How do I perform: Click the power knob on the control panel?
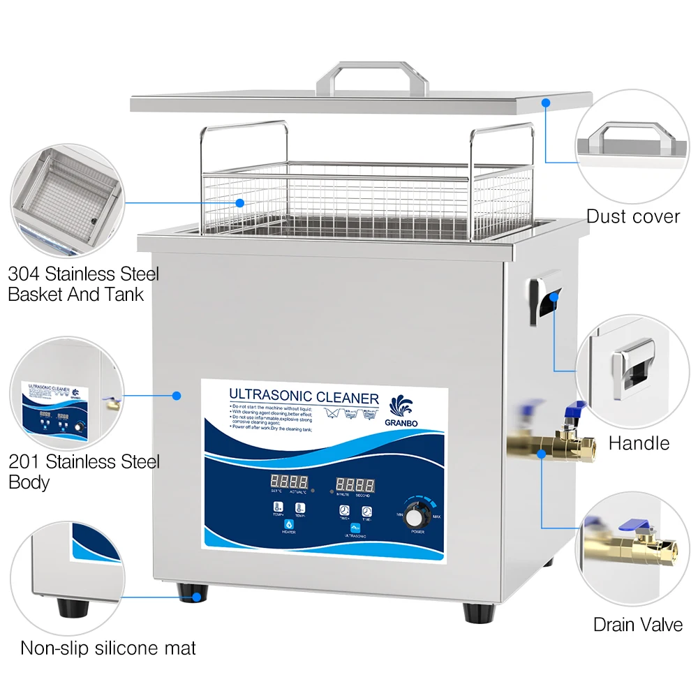coord(417,517)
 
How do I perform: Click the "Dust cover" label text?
coord(632,216)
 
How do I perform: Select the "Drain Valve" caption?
coord(637,624)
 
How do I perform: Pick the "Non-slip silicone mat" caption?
coord(108,648)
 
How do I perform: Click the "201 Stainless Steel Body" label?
coord(84,472)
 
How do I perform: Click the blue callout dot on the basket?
coord(240,203)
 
